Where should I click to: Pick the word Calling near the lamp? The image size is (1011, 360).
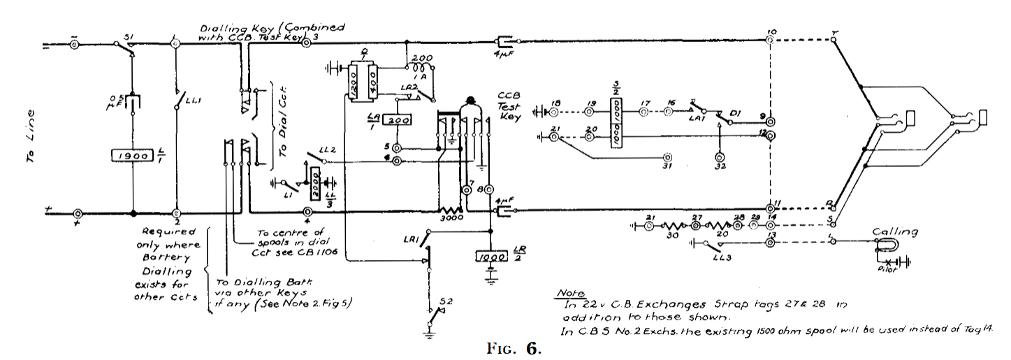click(892, 232)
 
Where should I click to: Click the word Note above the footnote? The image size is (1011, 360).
click(569, 294)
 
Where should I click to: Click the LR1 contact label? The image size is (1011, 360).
click(410, 241)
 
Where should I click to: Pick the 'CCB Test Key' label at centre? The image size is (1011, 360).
click(511, 105)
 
